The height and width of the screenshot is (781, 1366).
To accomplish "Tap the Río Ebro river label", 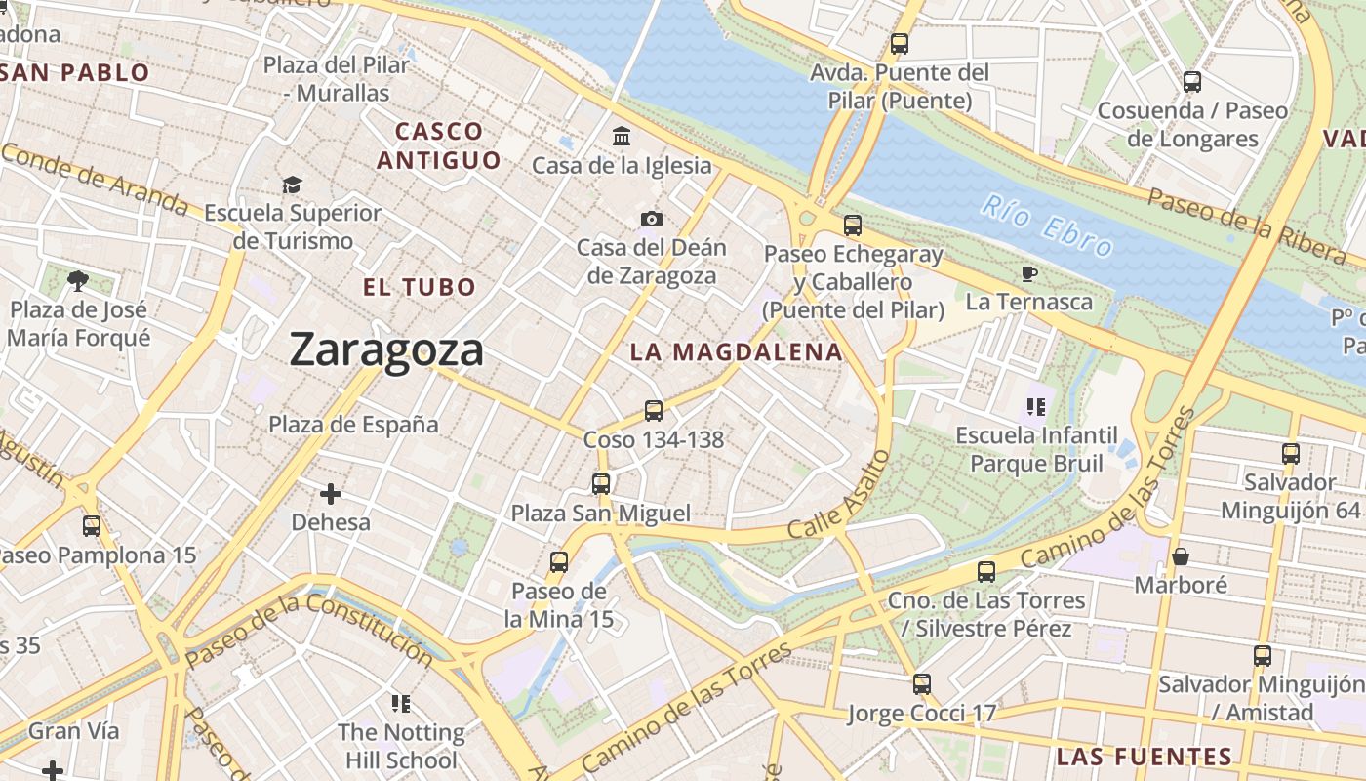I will point(1046,226).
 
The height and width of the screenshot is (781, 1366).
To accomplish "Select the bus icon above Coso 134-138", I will point(654,411).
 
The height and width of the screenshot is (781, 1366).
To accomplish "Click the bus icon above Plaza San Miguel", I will point(601,483).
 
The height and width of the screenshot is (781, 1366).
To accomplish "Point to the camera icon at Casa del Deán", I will point(652,219).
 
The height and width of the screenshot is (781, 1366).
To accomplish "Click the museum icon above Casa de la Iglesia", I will point(622,137).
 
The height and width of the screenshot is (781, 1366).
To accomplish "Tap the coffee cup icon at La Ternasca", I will point(1029,273).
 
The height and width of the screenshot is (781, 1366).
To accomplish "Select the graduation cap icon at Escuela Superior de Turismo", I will point(292,185).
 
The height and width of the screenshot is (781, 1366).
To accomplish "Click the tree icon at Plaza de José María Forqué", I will point(78,282).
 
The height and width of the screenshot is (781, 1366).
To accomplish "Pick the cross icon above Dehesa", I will point(331,494).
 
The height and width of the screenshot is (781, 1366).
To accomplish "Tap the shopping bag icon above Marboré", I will point(1181,556).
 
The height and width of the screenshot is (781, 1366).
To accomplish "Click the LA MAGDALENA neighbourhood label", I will point(736,352).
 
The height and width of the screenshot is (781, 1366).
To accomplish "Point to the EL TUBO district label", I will point(420,287).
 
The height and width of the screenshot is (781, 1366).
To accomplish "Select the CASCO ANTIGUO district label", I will point(439,145).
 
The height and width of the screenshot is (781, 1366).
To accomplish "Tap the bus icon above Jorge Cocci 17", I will point(922,684).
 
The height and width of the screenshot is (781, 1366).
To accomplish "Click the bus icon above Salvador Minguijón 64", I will point(1291,454).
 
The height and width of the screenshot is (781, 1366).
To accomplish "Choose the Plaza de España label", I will point(353,425).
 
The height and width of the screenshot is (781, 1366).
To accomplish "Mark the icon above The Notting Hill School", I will point(400,703).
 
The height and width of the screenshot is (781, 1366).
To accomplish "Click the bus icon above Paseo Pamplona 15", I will point(92,526).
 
